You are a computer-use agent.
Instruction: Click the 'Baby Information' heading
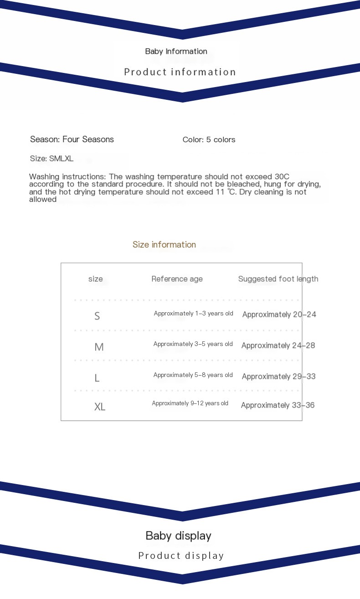click(176, 52)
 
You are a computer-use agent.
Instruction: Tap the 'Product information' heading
click(180, 72)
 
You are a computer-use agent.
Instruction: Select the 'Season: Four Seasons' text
click(72, 139)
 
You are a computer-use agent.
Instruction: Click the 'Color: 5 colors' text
click(209, 140)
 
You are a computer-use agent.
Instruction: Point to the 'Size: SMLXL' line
click(51, 159)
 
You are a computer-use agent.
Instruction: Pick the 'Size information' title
click(164, 245)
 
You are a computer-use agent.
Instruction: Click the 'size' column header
click(95, 279)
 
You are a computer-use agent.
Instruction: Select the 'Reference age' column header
click(177, 279)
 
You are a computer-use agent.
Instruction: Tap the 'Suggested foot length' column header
click(278, 279)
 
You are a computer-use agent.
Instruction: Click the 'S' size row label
click(97, 316)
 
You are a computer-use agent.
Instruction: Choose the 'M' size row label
click(99, 347)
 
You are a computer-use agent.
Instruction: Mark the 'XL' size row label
click(100, 407)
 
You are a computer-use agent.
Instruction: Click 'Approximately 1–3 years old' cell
click(193, 314)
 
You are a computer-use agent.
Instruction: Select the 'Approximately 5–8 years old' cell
click(193, 375)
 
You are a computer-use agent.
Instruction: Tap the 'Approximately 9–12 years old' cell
click(190, 403)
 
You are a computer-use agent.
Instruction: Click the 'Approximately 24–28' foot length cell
click(278, 346)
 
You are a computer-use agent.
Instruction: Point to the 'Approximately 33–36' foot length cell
click(278, 405)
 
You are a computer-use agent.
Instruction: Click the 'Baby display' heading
click(178, 536)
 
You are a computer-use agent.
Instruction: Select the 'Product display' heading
click(181, 556)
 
